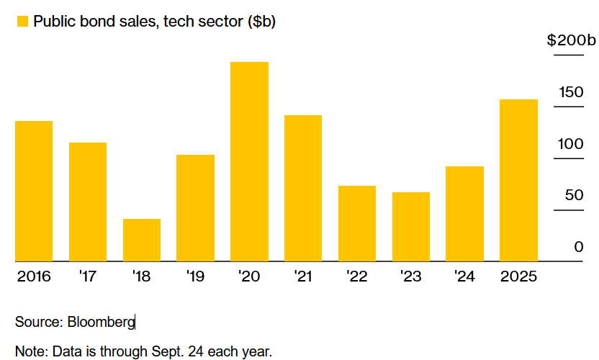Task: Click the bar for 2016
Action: click(x=34, y=191)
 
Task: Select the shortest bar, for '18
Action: click(x=142, y=240)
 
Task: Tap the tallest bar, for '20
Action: click(x=249, y=161)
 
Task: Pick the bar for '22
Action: click(x=357, y=223)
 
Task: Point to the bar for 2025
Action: click(x=518, y=180)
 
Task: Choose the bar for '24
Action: click(x=464, y=214)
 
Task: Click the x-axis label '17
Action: click(x=88, y=276)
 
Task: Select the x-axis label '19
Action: click(x=195, y=276)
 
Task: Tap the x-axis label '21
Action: click(x=303, y=276)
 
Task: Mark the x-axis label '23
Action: click(x=410, y=276)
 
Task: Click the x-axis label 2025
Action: click(x=518, y=276)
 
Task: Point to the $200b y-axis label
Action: click(x=572, y=40)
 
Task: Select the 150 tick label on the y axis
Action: click(x=569, y=92)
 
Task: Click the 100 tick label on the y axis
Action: click(x=569, y=144)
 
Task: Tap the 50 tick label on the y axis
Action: click(x=573, y=196)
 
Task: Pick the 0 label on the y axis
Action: click(x=578, y=248)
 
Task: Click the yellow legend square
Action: click(x=22, y=22)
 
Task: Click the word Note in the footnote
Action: click(x=29, y=352)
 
